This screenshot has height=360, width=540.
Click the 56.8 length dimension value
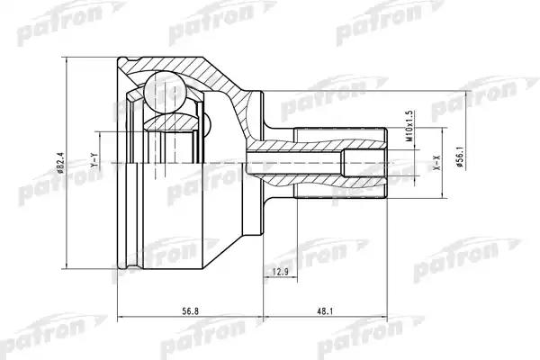[190, 311]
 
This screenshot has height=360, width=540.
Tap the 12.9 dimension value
[280, 273]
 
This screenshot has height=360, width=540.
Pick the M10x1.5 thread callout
[409, 126]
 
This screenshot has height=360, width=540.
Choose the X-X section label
[437, 163]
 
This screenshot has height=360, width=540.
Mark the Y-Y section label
[94, 161]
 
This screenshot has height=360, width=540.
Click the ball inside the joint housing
[166, 92]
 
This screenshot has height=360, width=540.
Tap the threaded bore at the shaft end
[364, 163]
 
